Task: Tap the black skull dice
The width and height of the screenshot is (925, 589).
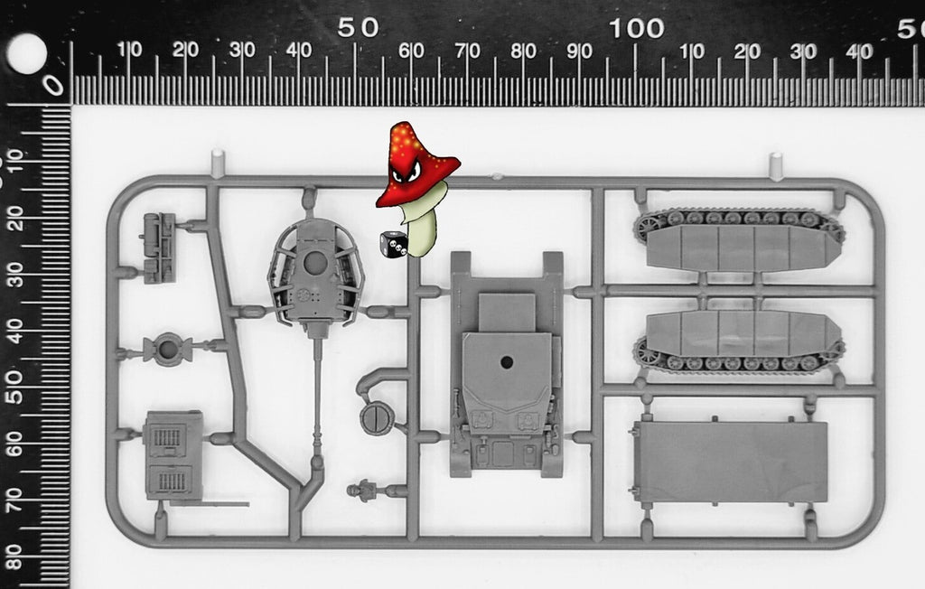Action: [394, 244]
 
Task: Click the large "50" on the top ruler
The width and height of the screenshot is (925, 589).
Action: [358, 28]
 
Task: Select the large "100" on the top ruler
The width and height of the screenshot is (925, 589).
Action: [637, 28]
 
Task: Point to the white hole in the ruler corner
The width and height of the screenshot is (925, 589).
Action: [26, 53]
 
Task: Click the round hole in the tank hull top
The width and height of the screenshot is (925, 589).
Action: [506, 361]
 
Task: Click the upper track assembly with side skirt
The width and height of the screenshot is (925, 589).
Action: [739, 239]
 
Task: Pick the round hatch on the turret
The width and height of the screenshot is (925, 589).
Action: [315, 263]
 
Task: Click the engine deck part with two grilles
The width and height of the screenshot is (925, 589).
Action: [173, 455]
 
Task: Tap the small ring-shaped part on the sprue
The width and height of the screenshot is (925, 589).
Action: [168, 350]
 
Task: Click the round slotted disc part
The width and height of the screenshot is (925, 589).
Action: [377, 418]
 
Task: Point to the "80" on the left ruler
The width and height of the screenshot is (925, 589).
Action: [14, 556]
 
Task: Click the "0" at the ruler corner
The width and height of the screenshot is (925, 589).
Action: [53, 86]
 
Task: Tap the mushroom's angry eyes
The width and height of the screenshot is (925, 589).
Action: [407, 173]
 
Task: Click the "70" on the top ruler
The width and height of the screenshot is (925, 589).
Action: [467, 51]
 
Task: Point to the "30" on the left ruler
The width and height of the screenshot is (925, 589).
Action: [14, 275]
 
